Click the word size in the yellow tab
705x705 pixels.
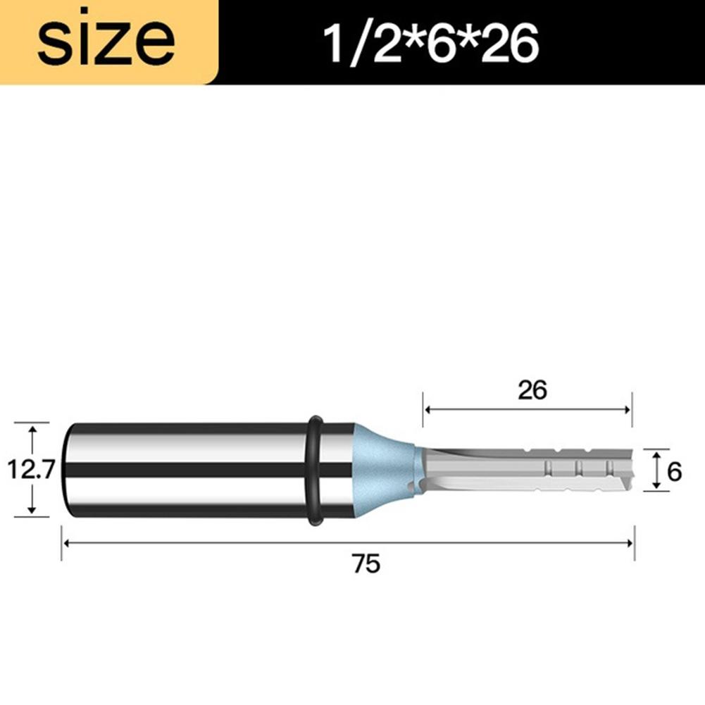(106, 42)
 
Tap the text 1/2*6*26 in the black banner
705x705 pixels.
(431, 44)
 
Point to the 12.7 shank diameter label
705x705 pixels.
(32, 469)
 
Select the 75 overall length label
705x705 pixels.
(366, 563)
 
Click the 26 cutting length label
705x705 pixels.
(532, 389)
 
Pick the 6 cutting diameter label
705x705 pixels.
(674, 472)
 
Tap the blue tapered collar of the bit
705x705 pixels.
(385, 470)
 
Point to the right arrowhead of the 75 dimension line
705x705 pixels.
(629, 543)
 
